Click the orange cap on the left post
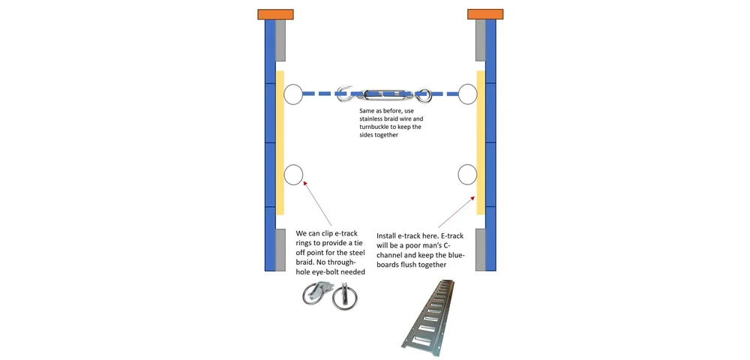point(275,14)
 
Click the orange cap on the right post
point(484,14)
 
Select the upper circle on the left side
point(292,94)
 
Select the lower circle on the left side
point(292,175)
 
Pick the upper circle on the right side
point(469,94)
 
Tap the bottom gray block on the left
point(280,249)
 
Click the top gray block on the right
point(480,40)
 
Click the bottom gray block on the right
point(480,249)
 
